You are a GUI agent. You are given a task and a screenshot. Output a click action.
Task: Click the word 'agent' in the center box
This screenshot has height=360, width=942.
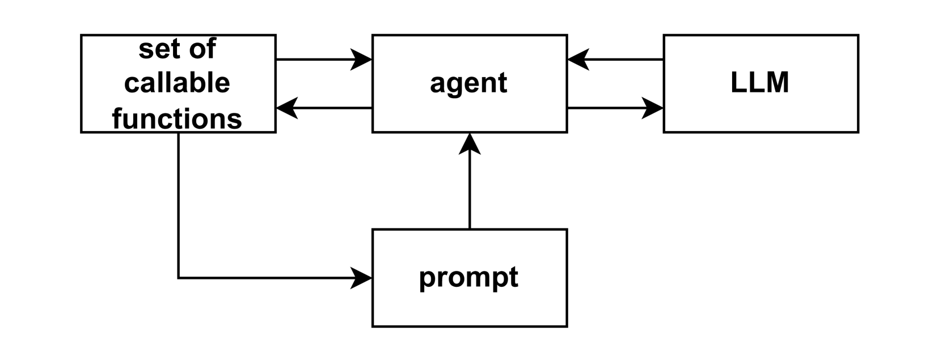click(x=468, y=83)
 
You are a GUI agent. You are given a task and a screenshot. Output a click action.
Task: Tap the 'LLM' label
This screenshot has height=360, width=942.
click(x=760, y=83)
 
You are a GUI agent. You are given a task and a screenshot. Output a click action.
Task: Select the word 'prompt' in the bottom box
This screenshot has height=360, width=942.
click(x=468, y=278)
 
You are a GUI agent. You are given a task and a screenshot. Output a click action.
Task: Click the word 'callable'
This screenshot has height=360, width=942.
click(x=177, y=83)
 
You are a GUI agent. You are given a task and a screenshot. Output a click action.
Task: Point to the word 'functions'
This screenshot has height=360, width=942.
click(x=177, y=119)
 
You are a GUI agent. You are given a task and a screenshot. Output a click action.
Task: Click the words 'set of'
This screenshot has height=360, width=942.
click(x=177, y=49)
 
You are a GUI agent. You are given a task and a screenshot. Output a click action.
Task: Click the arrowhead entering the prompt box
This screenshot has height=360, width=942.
click(x=362, y=278)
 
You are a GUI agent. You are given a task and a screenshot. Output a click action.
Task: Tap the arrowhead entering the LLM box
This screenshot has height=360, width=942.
click(x=653, y=108)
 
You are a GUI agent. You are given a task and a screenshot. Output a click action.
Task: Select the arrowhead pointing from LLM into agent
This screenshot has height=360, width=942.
click(x=578, y=59)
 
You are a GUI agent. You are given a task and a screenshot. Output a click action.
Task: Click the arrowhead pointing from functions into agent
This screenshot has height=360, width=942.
click(x=362, y=59)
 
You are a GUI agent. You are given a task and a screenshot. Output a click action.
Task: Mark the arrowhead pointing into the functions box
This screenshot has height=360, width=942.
click(x=287, y=108)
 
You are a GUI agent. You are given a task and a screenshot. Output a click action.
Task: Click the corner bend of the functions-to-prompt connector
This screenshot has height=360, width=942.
click(x=179, y=278)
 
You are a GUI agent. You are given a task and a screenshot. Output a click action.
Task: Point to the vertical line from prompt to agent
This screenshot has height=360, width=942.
click(x=470, y=193)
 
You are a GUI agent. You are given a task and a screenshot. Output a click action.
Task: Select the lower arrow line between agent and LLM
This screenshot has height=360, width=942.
click(x=607, y=108)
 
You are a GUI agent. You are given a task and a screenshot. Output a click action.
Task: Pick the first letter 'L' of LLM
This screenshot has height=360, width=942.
click(x=737, y=83)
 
